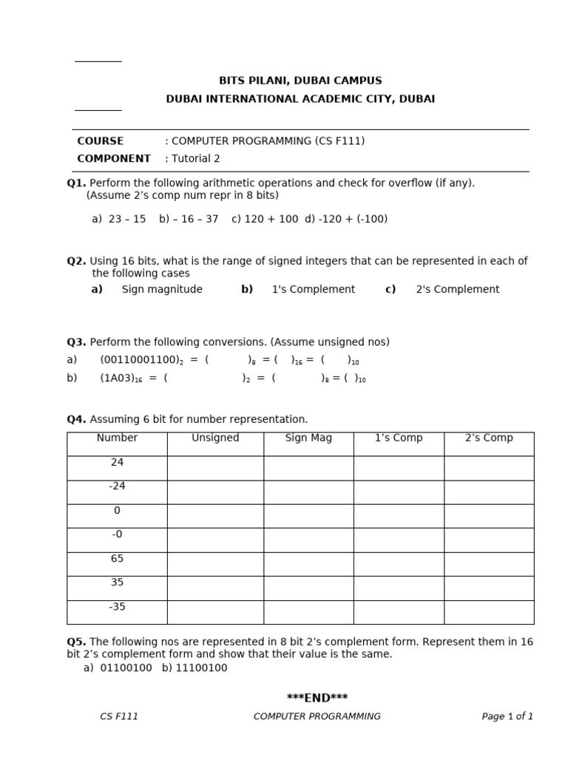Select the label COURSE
click(x=101, y=141)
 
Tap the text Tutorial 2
click(x=196, y=159)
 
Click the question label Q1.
click(x=76, y=183)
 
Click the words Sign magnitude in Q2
click(x=162, y=290)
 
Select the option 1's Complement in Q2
click(x=313, y=290)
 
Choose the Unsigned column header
click(x=215, y=438)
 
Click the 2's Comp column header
click(x=489, y=438)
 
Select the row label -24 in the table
click(x=117, y=486)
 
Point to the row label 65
click(x=117, y=559)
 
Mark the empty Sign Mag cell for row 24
click(x=308, y=468)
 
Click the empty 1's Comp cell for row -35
click(x=399, y=612)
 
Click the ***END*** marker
click(x=317, y=698)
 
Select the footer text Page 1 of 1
click(x=507, y=716)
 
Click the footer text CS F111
click(x=119, y=716)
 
